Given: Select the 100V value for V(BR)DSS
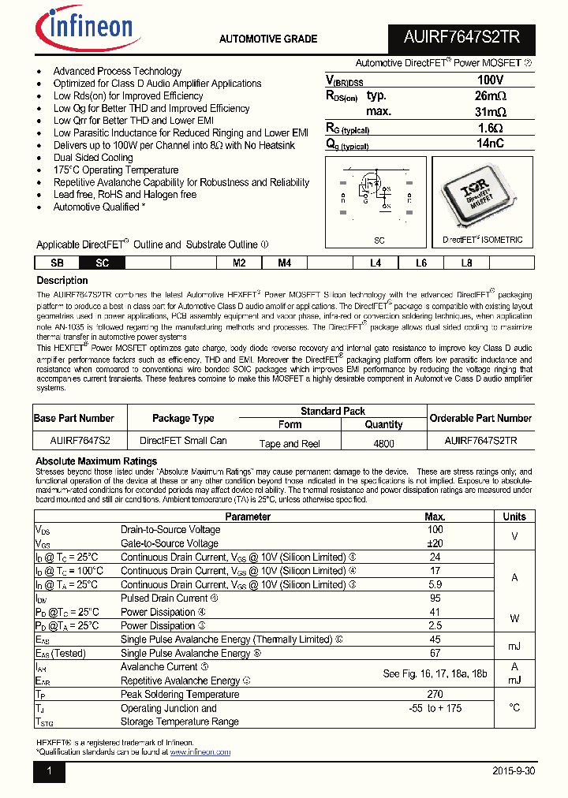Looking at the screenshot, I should (490, 80).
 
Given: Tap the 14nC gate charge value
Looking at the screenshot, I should (490, 144).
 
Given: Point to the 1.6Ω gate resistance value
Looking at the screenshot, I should (490, 128).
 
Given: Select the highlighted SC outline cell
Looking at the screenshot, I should (102, 263).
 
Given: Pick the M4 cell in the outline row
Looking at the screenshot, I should (284, 263).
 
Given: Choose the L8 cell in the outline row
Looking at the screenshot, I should (466, 263).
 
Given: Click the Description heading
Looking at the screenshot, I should (63, 281).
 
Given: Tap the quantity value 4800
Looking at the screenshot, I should (383, 444).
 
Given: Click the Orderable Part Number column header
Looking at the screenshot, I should (480, 418).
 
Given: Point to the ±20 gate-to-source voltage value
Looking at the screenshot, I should (435, 543).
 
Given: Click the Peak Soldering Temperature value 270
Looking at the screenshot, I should (435, 694).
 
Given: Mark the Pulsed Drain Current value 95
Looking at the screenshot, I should (435, 598).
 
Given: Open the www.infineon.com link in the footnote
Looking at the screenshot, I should (200, 752).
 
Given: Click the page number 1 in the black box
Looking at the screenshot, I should (49, 771).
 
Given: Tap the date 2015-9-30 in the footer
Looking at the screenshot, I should (513, 771).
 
